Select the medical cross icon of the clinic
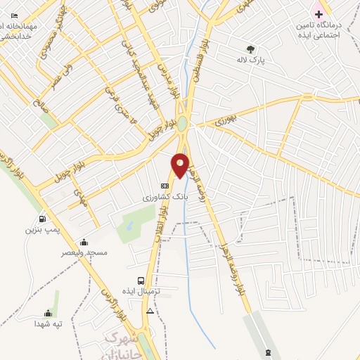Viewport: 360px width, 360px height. [319, 14]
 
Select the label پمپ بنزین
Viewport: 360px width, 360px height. [40, 230]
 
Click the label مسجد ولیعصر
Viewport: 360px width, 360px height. [85, 252]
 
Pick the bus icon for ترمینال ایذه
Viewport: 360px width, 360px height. [142, 280]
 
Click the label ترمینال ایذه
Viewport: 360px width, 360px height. [143, 291]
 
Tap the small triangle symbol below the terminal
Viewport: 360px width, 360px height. [149, 310]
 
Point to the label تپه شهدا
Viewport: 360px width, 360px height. [49, 324]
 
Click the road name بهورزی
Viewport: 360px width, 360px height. [228, 121]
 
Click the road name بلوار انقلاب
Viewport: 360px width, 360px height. [166, 231]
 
